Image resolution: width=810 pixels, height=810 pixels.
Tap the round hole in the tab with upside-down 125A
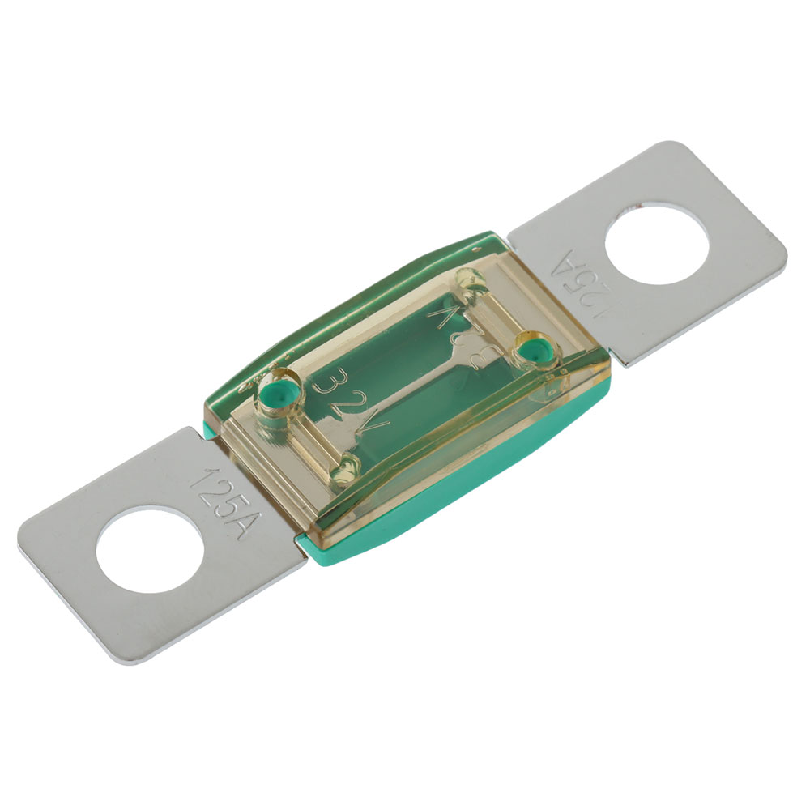657,245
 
